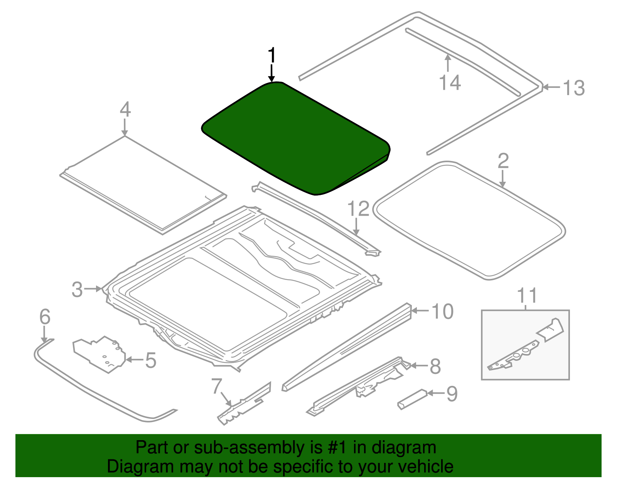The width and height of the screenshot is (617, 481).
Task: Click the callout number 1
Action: [x=272, y=55]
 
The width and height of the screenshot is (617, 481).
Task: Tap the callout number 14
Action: [x=450, y=82]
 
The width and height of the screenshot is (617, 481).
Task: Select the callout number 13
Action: [x=573, y=88]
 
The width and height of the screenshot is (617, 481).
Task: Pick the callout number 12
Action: [x=358, y=209]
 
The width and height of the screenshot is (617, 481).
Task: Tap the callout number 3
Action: [x=77, y=289]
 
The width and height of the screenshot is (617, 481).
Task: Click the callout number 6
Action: [x=45, y=317]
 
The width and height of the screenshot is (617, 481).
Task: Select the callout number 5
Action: [x=151, y=360]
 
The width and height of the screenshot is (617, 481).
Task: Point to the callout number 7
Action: [x=216, y=386]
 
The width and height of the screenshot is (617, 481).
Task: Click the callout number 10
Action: [x=442, y=312]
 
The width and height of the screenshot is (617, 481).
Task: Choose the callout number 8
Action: [x=435, y=366]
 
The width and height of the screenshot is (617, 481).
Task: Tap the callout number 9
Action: [x=452, y=394]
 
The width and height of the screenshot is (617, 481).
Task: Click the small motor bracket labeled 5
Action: [x=99, y=354]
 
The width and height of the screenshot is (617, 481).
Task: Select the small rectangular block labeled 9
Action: [x=412, y=399]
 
